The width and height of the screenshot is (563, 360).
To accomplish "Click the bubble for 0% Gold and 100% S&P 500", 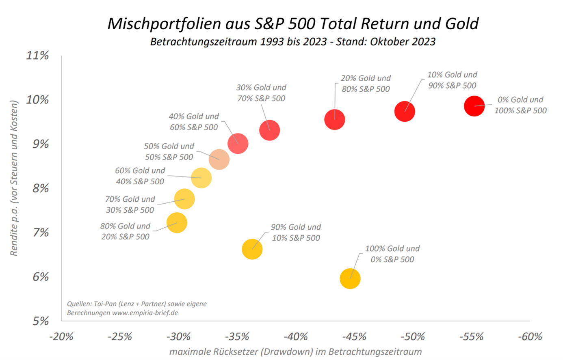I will [x=474, y=106].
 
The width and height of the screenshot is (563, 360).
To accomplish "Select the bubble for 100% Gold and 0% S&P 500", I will [x=350, y=279].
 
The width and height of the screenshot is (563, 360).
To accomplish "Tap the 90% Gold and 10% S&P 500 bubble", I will [x=252, y=249].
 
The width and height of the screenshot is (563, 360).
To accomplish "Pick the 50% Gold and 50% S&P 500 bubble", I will [x=219, y=160].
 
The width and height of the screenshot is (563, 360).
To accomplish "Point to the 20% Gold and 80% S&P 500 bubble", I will [x=335, y=120].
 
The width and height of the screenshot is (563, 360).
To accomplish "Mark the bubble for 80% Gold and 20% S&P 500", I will [x=177, y=223].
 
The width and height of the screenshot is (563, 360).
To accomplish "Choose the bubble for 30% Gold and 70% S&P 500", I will [x=270, y=130].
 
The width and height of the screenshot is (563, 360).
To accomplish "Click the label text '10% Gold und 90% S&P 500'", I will [x=452, y=80].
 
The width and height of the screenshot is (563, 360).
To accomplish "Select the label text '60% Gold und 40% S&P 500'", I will [x=140, y=176].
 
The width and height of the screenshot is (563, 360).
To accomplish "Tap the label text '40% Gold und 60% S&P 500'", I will [x=194, y=122].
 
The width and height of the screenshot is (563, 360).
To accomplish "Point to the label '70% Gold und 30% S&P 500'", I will [x=130, y=205].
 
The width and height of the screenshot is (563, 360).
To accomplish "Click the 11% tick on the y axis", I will [x=37, y=55].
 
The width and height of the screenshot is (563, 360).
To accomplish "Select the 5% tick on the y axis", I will [x=40, y=321].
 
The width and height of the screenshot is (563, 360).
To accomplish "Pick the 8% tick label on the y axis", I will [x=40, y=188].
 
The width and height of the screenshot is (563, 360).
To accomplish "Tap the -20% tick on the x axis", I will [x=61, y=336].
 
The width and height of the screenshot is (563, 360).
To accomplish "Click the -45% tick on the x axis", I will [x=355, y=336].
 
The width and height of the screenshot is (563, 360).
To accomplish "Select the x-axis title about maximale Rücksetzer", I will [x=295, y=351].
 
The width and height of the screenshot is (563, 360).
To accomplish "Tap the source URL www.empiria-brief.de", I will [x=145, y=313].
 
